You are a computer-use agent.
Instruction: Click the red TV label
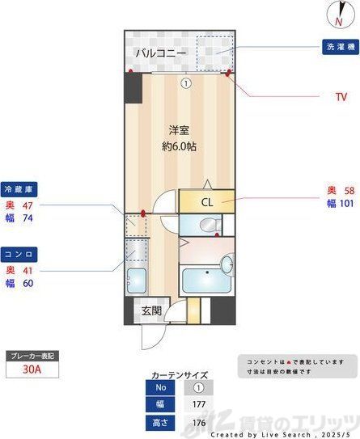(341, 97)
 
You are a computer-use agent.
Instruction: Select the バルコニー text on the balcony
(161, 53)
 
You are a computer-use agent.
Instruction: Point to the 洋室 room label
(179, 129)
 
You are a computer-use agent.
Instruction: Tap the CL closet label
(206, 202)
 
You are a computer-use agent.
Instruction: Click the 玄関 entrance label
(151, 310)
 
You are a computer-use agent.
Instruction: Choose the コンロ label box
(19, 254)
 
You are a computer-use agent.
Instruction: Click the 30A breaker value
(33, 369)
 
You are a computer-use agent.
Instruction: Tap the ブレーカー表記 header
(33, 356)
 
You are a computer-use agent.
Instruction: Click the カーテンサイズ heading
(180, 375)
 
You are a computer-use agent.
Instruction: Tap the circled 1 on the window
(185, 82)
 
